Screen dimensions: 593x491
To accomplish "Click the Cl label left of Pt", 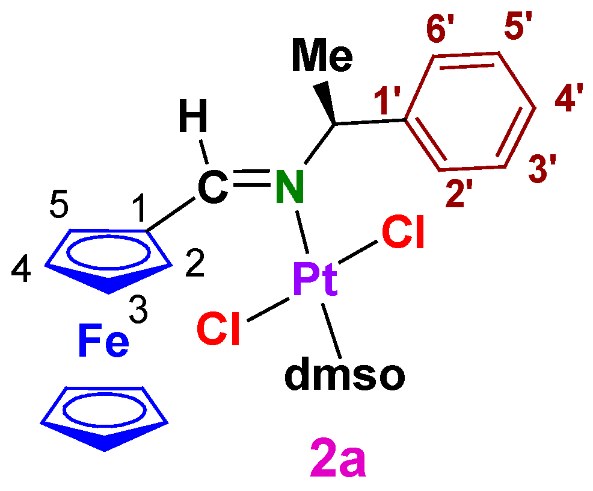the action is pyautogui.click(x=219, y=330).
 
